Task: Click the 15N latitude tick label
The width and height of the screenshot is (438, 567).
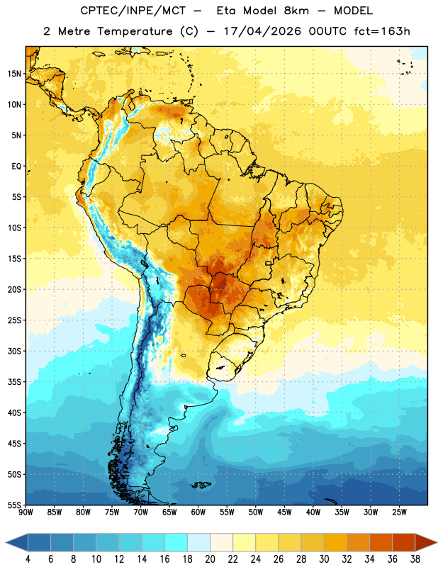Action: [14, 74]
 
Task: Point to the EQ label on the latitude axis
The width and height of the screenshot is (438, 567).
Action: [16, 167]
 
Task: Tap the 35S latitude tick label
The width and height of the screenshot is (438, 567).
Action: [14, 382]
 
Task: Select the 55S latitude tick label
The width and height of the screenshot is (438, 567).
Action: [14, 505]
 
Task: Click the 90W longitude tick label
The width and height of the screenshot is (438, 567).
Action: [26, 512]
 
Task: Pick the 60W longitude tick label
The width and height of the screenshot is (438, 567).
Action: [198, 512]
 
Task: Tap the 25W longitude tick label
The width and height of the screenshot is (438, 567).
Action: [399, 512]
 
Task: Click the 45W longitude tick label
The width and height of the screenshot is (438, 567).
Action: [284, 512]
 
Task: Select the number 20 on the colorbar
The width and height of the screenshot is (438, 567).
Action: [210, 559]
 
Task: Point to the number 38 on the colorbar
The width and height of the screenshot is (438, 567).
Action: [415, 559]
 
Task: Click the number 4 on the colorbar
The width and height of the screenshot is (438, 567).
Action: [28, 559]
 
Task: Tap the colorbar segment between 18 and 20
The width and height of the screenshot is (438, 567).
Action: [198, 542]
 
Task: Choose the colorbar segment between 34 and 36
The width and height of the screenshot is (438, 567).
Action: [381, 542]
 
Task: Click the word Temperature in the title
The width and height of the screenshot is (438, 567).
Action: [135, 31]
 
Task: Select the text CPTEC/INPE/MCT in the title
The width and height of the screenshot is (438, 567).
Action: [133, 11]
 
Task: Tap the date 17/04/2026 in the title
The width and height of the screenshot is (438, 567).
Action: [262, 31]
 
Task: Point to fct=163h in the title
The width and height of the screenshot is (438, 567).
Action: [382, 31]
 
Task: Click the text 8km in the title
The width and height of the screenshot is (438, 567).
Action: [296, 11]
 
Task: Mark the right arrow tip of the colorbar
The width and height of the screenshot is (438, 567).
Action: [437, 542]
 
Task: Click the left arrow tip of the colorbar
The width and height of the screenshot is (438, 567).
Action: [6, 542]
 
